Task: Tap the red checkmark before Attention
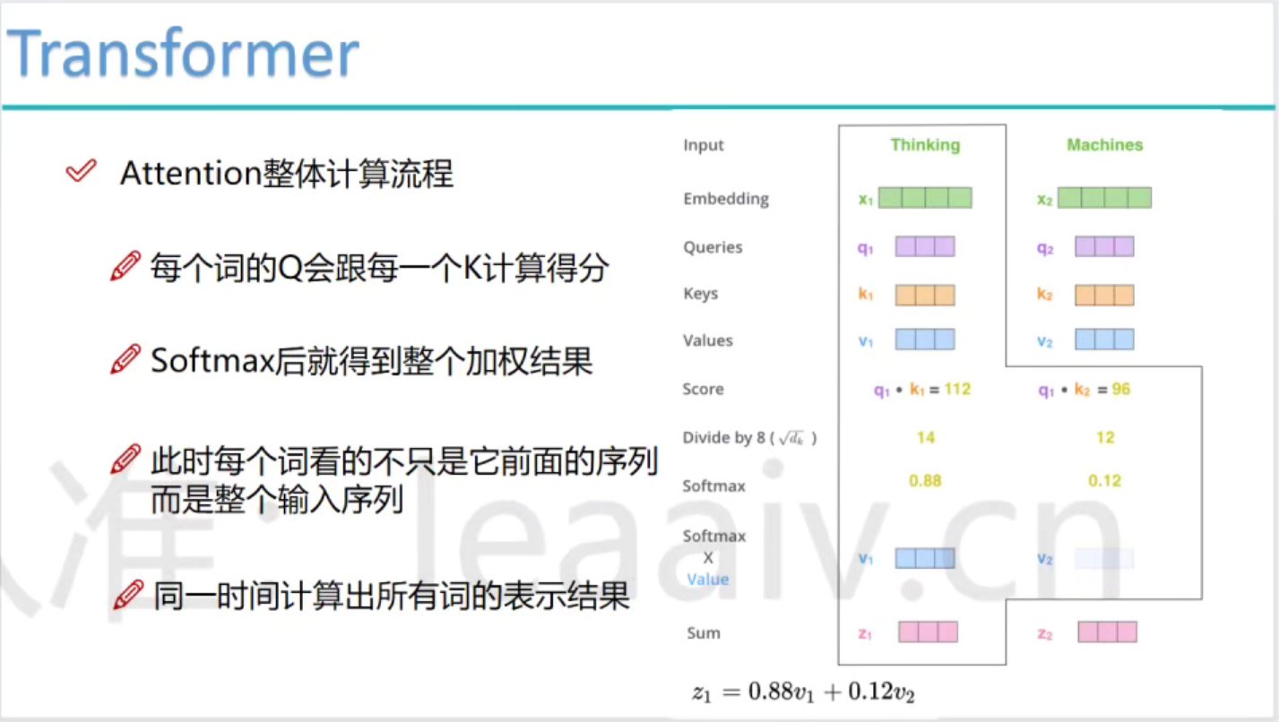(81, 171)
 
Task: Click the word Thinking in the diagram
(925, 145)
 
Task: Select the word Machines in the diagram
(1105, 145)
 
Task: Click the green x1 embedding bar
(925, 198)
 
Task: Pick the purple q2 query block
(1104, 246)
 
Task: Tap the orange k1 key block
(925, 295)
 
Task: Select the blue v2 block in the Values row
(1104, 340)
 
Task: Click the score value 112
(957, 390)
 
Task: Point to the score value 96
(1121, 390)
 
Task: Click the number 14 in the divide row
(926, 438)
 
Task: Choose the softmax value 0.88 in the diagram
(925, 481)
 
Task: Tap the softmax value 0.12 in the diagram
(1105, 481)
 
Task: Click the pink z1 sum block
(928, 632)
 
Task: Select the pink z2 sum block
(1107, 632)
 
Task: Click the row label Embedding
(726, 199)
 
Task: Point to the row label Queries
(713, 247)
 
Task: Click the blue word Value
(708, 580)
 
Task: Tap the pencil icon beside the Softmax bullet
(125, 359)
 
